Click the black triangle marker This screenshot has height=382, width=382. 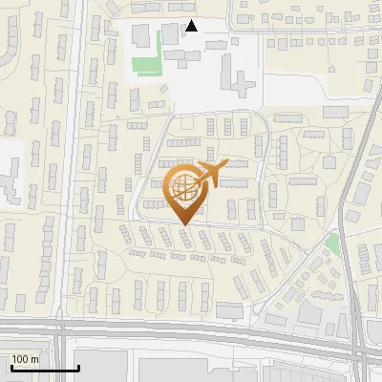pyautogui.click(x=192, y=26)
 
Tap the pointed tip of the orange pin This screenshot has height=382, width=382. pyautogui.click(x=184, y=223)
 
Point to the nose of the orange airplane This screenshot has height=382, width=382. pyautogui.click(x=227, y=165)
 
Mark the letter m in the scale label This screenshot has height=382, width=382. pyautogui.click(x=35, y=359)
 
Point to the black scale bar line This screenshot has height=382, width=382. pyautogui.click(x=44, y=369)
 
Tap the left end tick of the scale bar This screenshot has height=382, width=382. pyautogui.click(x=12, y=367)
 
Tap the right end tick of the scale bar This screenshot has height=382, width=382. pyautogui.click(x=76, y=367)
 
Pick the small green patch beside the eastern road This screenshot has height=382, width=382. pyautogui.click(x=331, y=244)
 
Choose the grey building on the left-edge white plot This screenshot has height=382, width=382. pyautogui.click(x=10, y=177)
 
